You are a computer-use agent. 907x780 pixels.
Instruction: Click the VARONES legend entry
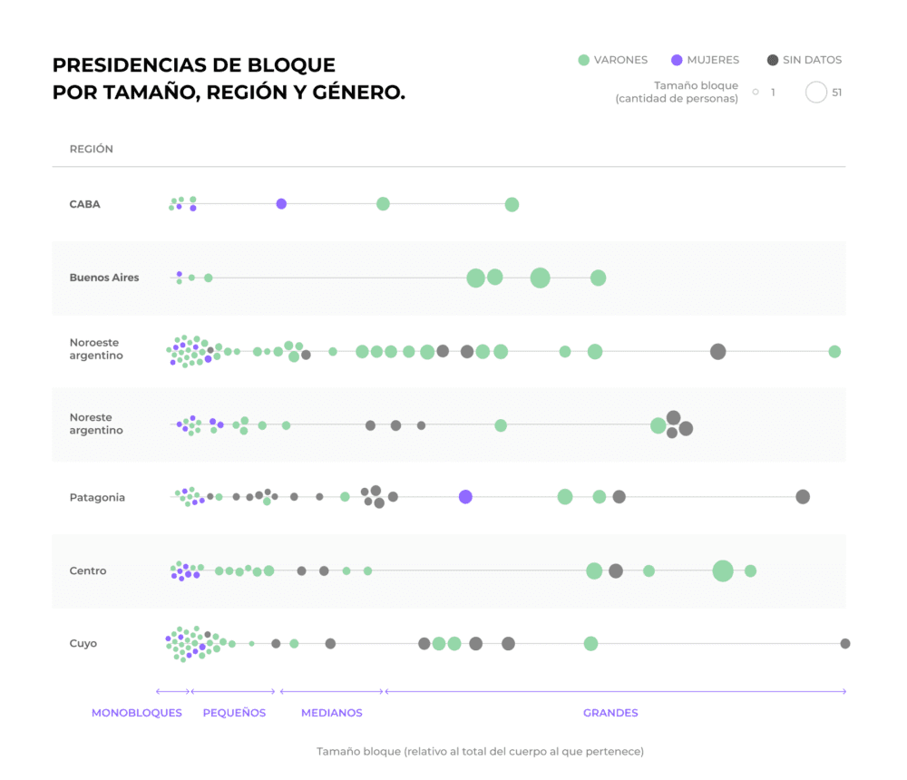613,60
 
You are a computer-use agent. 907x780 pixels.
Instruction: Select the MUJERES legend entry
705,60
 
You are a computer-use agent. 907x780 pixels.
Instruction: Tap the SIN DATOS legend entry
804,60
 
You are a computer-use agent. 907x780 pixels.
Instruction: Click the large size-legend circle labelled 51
816,92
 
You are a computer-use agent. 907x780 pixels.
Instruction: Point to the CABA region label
84,204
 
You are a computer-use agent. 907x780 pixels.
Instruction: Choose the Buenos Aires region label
104,278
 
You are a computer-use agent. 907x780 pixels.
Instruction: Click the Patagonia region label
97,497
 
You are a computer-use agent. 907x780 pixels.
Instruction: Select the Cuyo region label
83,643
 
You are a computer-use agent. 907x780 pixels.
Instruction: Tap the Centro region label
88,570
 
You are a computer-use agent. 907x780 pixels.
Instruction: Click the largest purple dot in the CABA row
281,204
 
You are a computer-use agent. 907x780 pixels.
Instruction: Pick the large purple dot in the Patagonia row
465,497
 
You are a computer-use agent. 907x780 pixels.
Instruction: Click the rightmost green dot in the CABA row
512,204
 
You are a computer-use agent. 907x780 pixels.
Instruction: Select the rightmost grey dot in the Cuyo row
845,643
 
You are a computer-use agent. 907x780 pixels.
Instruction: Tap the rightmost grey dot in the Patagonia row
803,496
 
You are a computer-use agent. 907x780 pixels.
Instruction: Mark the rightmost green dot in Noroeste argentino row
834,351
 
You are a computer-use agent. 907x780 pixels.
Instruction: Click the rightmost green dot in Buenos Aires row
598,278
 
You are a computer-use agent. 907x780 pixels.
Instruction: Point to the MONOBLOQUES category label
137,713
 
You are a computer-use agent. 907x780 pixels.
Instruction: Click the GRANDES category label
610,713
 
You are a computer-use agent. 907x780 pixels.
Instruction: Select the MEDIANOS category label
332,713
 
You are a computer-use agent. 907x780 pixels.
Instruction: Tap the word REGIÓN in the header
92,149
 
